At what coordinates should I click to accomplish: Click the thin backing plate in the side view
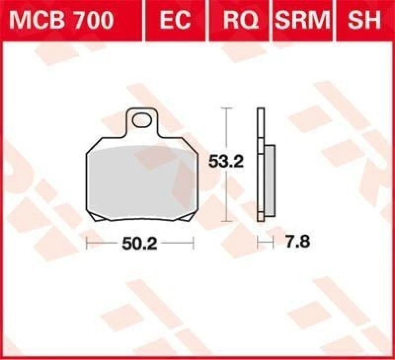259,163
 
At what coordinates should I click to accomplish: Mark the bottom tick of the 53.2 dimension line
226,220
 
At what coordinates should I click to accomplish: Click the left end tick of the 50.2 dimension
87,242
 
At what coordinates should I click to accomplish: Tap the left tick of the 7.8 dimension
257,242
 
